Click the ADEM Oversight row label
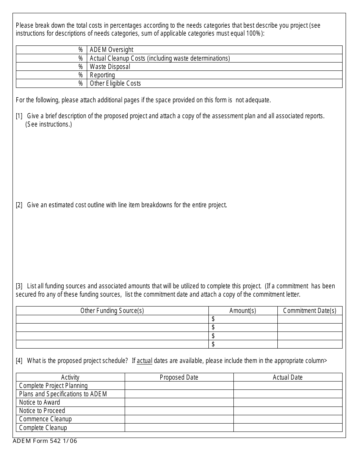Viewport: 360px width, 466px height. tap(111, 50)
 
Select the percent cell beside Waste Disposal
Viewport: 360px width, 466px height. tap(52, 67)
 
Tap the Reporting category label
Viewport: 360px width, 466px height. tap(102, 75)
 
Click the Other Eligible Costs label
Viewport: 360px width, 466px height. tap(115, 83)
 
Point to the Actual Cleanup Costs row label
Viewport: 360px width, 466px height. tap(160, 58)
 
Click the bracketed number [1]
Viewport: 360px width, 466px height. tap(19, 116)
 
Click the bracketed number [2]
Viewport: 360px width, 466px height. tap(19, 205)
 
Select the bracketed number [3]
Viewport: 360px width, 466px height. tap(19, 286)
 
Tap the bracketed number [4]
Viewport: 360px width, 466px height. tap(19, 361)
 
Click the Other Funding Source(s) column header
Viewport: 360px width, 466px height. tap(112, 311)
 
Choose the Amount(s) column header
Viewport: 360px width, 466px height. tap(243, 311)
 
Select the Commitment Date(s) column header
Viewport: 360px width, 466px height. tap(310, 311)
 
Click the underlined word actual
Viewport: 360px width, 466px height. tap(144, 361)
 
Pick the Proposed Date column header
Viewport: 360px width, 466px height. tap(179, 377)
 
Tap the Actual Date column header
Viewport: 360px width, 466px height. tap(288, 377)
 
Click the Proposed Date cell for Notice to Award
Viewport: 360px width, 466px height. tap(179, 402)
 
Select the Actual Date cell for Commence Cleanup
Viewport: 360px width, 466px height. tap(288, 419)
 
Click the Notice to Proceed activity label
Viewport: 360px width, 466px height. tap(42, 411)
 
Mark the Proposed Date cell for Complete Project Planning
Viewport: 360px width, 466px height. tap(179, 386)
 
